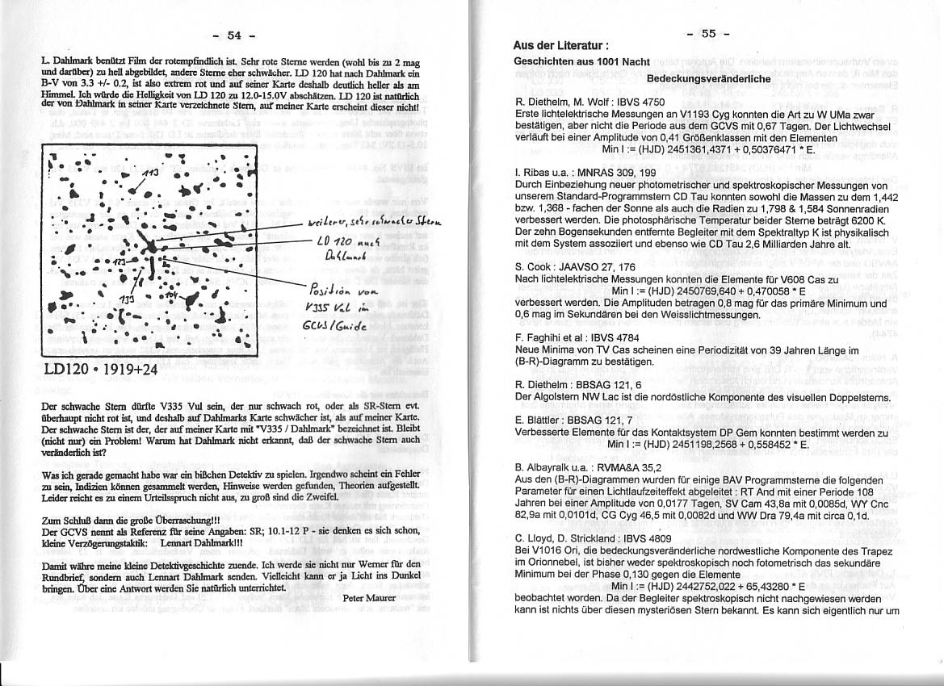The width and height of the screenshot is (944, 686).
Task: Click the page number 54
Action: coord(234,35)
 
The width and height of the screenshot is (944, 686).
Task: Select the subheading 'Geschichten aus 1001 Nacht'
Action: coord(581,62)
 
